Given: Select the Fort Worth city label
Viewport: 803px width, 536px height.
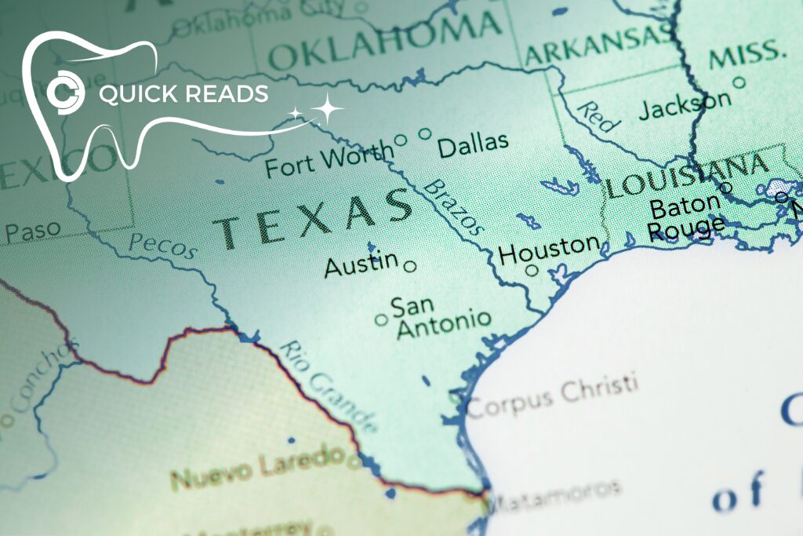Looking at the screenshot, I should [329, 160].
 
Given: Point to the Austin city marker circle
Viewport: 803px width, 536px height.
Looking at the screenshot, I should [409, 266].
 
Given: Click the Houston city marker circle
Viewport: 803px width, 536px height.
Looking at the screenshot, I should [532, 271].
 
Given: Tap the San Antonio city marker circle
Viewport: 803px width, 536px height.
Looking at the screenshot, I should [381, 319].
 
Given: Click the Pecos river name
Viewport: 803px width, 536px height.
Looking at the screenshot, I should [162, 246].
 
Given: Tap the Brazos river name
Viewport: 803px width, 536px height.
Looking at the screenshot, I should [452, 207].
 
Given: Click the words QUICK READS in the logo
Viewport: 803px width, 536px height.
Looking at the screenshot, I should [183, 94].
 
